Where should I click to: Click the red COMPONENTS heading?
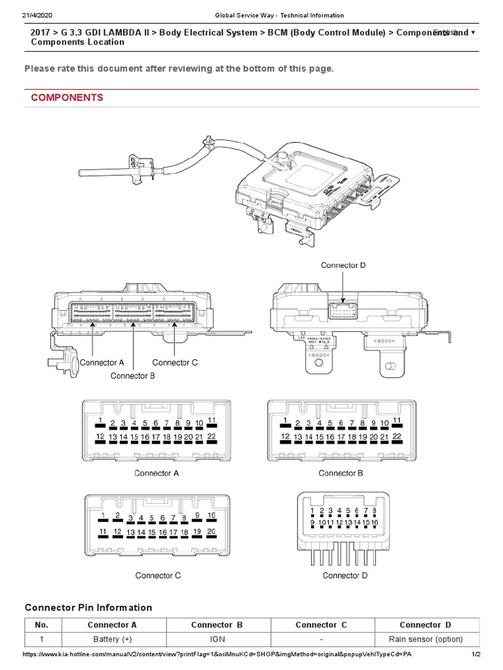(67, 97)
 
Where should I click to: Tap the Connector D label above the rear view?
(343, 265)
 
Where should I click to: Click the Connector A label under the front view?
(102, 362)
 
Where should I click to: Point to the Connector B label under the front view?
(132, 376)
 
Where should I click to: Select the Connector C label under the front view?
(175, 362)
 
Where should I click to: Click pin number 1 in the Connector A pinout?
(100, 420)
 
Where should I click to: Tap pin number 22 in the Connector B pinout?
(397, 436)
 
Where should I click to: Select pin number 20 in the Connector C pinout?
(211, 531)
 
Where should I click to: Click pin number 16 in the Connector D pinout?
(374, 522)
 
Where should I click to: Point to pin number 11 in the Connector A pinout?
(212, 420)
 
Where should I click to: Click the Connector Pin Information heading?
(88, 608)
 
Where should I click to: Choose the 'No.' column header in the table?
(42, 625)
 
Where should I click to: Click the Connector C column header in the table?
(321, 625)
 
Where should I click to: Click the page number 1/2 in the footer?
(476, 654)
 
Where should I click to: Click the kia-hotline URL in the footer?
(216, 654)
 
